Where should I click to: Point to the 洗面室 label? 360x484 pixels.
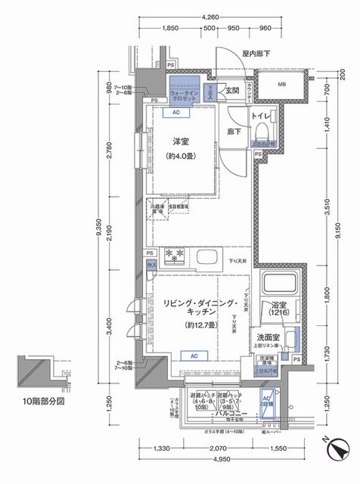[267, 337]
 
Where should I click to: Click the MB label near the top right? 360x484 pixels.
[281, 83]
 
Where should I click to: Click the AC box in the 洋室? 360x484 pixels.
[175, 113]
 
